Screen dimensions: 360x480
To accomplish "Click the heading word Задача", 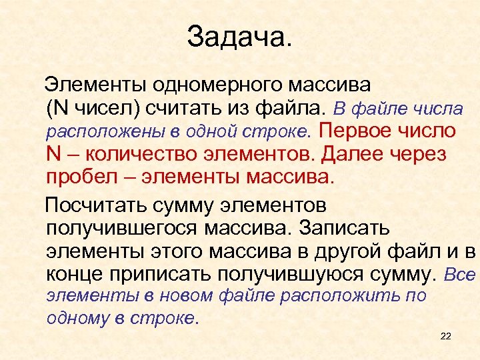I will (239, 37).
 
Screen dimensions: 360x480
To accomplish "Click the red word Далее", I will (350, 154).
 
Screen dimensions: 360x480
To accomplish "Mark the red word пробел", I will (79, 177).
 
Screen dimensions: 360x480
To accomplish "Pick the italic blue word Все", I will (460, 274).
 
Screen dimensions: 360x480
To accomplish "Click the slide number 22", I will (446, 337).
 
